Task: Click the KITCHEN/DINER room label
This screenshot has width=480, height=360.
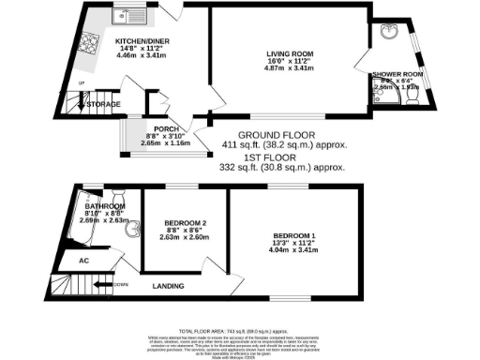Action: point(141,41)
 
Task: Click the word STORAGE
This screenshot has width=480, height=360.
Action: point(103,104)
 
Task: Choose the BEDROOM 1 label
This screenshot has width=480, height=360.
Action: point(295,234)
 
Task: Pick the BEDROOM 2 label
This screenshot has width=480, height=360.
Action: point(177,221)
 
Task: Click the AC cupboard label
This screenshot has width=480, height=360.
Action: point(82,261)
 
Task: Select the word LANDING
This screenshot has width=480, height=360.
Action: point(168,285)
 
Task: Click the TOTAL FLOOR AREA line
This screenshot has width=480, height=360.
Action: point(239,331)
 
